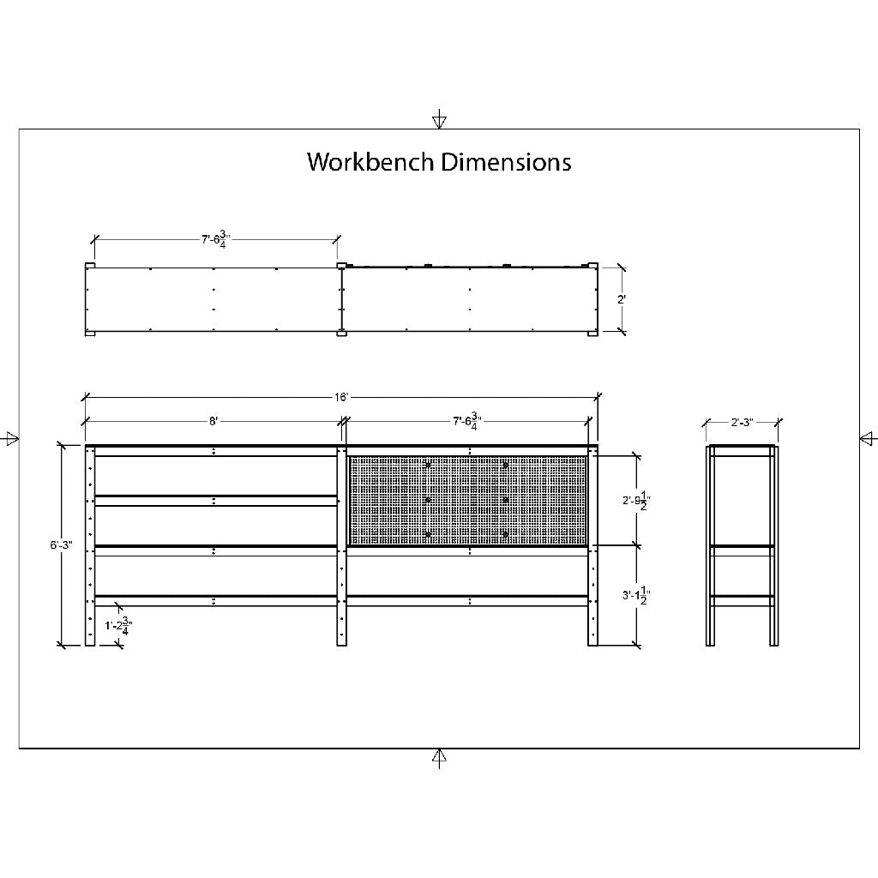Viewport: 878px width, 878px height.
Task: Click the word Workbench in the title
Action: (x=370, y=162)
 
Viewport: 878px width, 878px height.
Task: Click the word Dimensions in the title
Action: (x=506, y=162)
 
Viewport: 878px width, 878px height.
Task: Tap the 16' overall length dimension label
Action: (x=341, y=398)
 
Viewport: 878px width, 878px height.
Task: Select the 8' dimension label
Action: (x=213, y=421)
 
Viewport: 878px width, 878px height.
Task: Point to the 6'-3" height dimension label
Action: (x=62, y=544)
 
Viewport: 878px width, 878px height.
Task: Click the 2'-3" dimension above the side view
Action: (x=742, y=422)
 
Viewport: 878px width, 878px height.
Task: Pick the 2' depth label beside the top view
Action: (x=621, y=299)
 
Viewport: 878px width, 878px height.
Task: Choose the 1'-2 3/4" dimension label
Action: (x=118, y=626)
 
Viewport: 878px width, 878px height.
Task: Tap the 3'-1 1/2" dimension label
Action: (x=636, y=595)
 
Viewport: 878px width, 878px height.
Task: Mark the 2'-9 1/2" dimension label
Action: (x=636, y=501)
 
